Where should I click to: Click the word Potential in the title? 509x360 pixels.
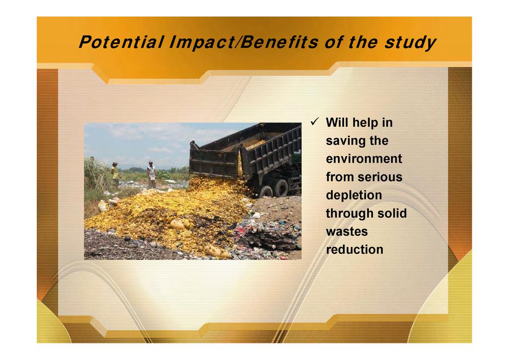[x=121, y=42]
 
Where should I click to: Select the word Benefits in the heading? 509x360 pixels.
[x=279, y=42]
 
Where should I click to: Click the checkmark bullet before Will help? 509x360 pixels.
[x=315, y=122]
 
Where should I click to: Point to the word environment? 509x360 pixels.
[x=364, y=159]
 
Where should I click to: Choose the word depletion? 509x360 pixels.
[x=354, y=195]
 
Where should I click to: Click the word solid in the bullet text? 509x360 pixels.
[x=393, y=213]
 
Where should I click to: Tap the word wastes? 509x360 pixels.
[x=346, y=232]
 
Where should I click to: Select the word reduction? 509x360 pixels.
[x=354, y=250]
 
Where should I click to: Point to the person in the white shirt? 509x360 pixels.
[x=151, y=175]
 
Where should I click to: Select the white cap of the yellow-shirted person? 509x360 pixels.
[x=115, y=163]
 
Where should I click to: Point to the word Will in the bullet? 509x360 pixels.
[x=338, y=122]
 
